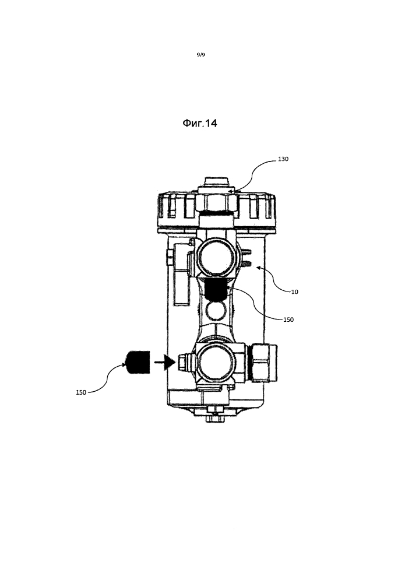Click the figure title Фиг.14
(199, 123)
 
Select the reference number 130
(283, 159)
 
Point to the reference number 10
(294, 292)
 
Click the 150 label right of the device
(288, 319)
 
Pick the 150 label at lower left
(81, 392)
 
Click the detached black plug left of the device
(138, 362)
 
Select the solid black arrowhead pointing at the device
(170, 362)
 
